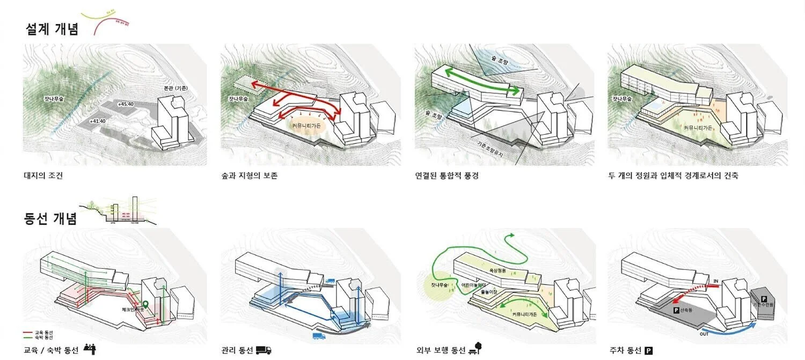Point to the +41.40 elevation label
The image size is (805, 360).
pos(98,121)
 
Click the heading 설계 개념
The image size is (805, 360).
pos(52,29)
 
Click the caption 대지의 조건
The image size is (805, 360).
pos(43,175)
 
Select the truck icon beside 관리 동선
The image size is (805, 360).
pos(264,350)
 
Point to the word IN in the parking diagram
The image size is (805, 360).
pos(715,281)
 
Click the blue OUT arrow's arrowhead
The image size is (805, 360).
pos(756,324)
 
